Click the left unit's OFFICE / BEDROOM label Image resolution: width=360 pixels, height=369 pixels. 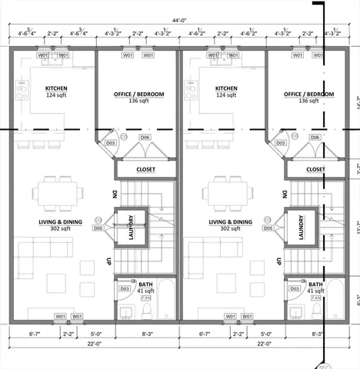point(138,94)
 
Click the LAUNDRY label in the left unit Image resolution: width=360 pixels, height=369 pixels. point(132,227)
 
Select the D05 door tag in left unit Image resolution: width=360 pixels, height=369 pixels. point(98,228)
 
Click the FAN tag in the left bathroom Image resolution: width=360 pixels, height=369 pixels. point(145,297)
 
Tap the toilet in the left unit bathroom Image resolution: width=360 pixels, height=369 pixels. point(147,311)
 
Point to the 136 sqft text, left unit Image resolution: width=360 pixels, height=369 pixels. point(138,101)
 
